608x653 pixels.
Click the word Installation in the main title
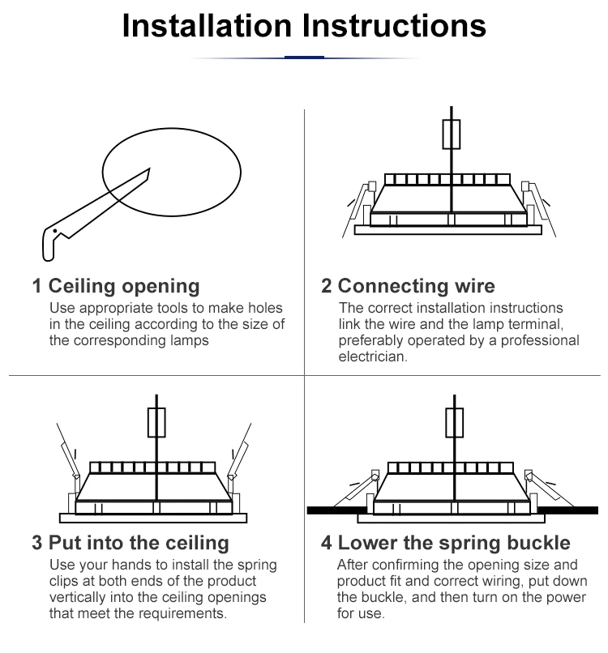tap(207, 26)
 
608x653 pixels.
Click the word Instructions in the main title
tap(394, 26)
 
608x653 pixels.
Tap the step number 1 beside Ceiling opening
tap(37, 286)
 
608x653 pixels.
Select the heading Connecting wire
tap(417, 286)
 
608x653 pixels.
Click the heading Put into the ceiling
tap(139, 543)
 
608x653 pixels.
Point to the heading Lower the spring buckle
tap(454, 543)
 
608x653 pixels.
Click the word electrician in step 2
tap(372, 357)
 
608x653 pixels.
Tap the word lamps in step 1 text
tap(189, 340)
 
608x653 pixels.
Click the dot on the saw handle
tap(55, 231)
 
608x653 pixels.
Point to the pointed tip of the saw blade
tap(149, 169)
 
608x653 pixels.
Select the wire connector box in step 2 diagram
tap(452, 134)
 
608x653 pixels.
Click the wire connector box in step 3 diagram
tap(156, 422)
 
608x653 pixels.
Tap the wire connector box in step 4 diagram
tap(454, 422)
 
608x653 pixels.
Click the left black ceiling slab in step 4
tap(337, 510)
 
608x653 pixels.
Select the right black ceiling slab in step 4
tap(568, 510)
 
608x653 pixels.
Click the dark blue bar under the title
tap(304, 57)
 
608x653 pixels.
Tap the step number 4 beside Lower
tap(327, 543)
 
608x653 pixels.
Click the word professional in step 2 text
tap(540, 340)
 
